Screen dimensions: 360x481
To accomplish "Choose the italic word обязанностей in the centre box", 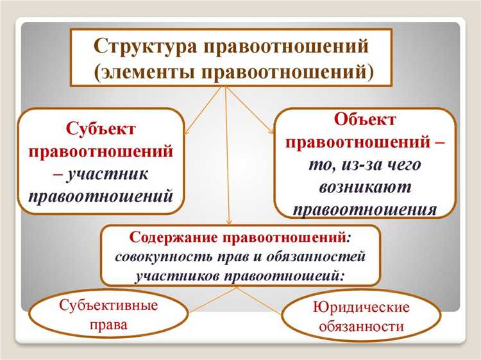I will (x=323, y=257).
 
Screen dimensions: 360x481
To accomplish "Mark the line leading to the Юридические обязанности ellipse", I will (x=257, y=300).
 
